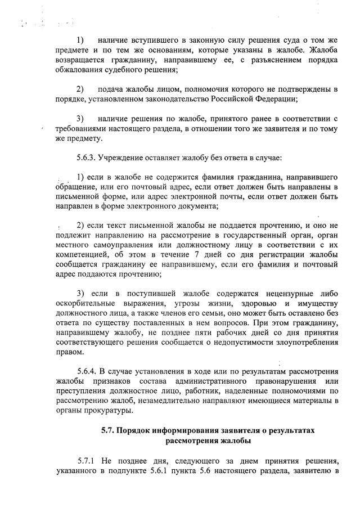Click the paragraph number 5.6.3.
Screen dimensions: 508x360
pos(86,155)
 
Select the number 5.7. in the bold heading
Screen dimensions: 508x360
pos(109,430)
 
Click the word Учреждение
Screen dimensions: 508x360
pos(123,155)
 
